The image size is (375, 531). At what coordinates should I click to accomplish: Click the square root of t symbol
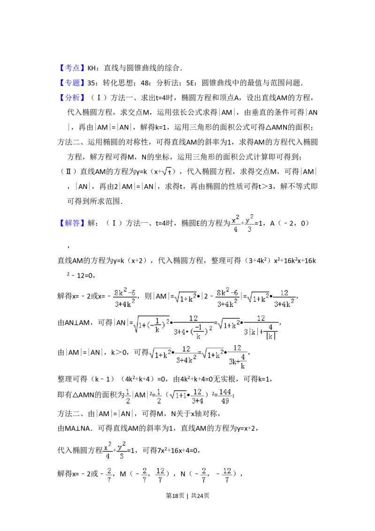(x=167, y=171)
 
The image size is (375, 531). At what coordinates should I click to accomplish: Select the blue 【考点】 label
(x=73, y=68)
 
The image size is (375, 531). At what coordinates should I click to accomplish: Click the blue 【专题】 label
(x=73, y=83)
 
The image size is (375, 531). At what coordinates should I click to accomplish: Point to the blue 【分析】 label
(x=73, y=98)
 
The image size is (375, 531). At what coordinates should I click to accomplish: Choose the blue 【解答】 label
(x=73, y=224)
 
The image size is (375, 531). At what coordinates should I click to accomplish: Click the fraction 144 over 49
(x=225, y=396)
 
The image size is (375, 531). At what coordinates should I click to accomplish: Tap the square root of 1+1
(x=178, y=396)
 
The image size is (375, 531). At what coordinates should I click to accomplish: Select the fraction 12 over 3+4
(x=197, y=396)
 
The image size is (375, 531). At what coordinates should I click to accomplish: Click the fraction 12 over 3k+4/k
(x=237, y=356)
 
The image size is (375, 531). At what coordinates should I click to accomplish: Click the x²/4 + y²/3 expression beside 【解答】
(x=242, y=224)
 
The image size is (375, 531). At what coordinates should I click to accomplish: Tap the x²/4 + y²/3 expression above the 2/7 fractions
(x=114, y=450)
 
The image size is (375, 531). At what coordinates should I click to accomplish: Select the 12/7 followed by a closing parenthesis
(x=160, y=474)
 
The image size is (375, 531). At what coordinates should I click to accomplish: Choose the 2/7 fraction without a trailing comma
(x=109, y=474)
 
